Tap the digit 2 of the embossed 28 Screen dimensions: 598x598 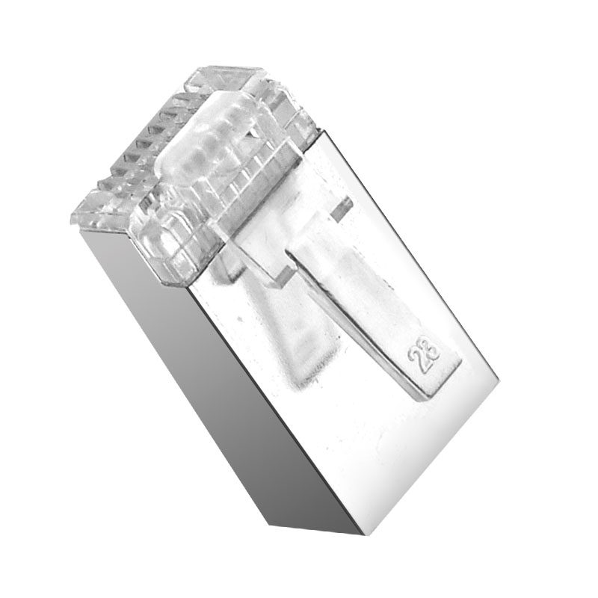[x=417, y=361]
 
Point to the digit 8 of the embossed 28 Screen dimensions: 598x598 [x=431, y=346]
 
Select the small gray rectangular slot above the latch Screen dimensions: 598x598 [x=341, y=209]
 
